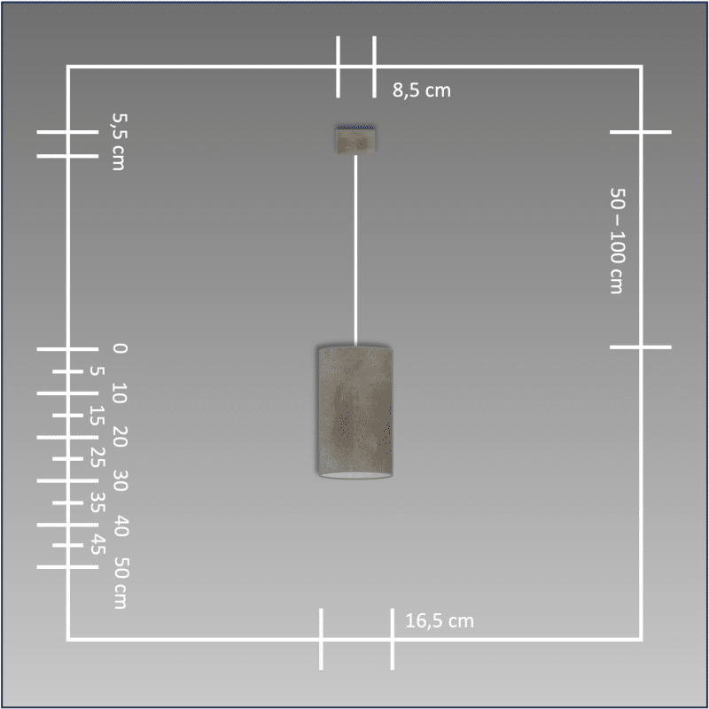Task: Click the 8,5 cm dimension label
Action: pyautogui.click(x=422, y=90)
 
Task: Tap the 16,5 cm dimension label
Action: pyautogui.click(x=440, y=621)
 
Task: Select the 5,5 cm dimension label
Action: pyautogui.click(x=120, y=142)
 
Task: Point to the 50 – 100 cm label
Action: pyautogui.click(x=618, y=241)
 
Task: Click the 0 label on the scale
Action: pyautogui.click(x=120, y=348)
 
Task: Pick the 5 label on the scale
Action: pyautogui.click(x=97, y=371)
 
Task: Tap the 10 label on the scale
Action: pyautogui.click(x=120, y=393)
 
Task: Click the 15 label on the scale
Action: pyautogui.click(x=97, y=416)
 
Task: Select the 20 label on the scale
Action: pyautogui.click(x=120, y=437)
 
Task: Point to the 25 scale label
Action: pyautogui.click(x=97, y=457)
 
